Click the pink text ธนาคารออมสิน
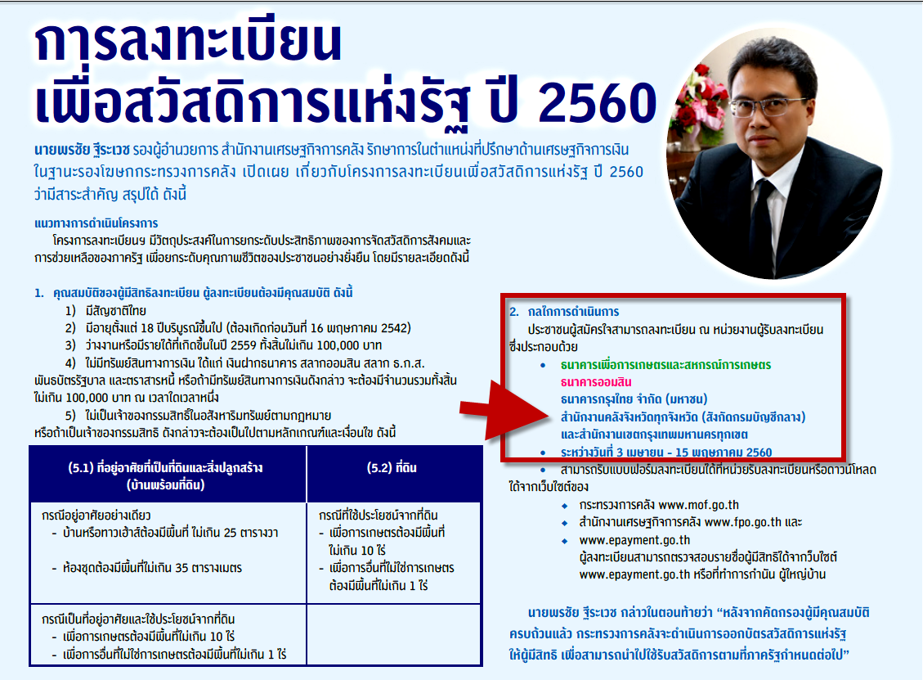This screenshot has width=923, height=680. (x=596, y=382)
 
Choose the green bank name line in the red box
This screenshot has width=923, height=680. (x=665, y=365)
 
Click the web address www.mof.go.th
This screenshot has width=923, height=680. (x=698, y=505)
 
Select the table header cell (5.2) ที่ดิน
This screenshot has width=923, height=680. (x=392, y=468)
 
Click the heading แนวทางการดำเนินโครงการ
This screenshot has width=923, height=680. (x=96, y=223)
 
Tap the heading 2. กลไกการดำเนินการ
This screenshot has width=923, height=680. (x=564, y=312)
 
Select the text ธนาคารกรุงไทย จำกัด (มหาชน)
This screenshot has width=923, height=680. (x=634, y=399)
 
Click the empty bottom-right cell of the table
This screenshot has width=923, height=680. (x=394, y=635)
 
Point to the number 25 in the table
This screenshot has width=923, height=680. (x=231, y=533)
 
